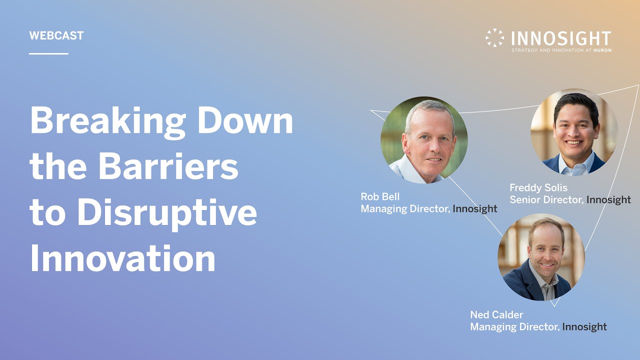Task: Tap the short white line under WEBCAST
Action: pos(48,53)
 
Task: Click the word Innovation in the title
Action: pos(122,259)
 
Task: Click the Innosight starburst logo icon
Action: pos(494,38)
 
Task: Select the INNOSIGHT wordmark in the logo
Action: pos(561,38)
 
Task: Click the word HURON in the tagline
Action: pos(602,50)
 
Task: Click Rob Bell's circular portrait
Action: pos(424,140)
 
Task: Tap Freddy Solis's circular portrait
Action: pos(574,132)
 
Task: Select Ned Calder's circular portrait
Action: pos(541,257)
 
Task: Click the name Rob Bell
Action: pos(380,196)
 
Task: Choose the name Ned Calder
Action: pos(496,314)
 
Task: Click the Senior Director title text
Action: pos(546,200)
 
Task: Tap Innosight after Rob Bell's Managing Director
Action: pos(474,209)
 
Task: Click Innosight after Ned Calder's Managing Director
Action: pos(584,327)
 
